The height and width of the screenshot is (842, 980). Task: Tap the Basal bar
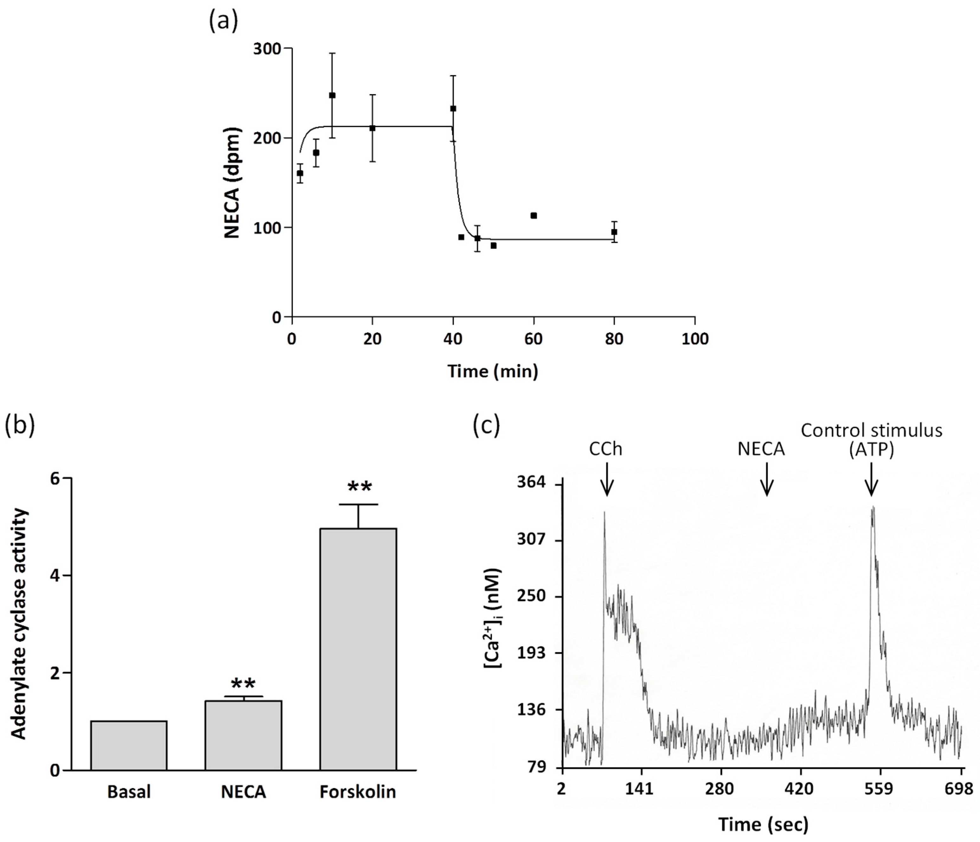[x=129, y=745]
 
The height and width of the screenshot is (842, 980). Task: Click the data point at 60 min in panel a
[x=534, y=216]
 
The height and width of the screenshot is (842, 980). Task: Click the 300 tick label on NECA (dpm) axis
[x=267, y=49]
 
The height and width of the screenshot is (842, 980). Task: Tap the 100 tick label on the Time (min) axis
[x=694, y=339]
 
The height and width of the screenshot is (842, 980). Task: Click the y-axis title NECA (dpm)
[x=232, y=183]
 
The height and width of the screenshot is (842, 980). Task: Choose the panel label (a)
[x=223, y=21]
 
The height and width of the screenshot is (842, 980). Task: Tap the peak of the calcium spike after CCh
[x=605, y=512]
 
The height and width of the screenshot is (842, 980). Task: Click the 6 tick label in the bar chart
[x=56, y=478]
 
